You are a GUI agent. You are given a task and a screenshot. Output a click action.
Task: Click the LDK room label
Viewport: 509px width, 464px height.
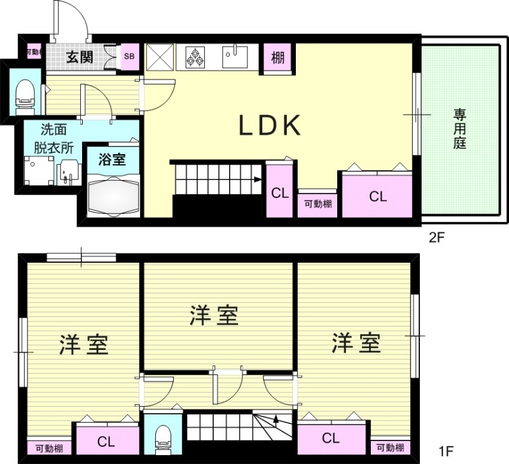click(x=269, y=126)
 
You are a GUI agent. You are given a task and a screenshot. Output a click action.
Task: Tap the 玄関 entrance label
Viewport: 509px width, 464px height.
click(x=81, y=57)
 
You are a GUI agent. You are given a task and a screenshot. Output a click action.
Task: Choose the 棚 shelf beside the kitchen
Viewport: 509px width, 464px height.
click(x=278, y=59)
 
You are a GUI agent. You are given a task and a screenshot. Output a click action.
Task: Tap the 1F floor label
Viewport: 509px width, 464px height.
click(x=446, y=453)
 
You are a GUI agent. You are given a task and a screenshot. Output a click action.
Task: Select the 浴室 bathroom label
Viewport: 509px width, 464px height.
click(x=112, y=159)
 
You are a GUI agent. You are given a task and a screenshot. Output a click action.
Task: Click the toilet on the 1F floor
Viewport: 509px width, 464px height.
click(x=162, y=436)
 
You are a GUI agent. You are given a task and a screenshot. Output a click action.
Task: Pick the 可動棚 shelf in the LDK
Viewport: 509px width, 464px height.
click(x=317, y=204)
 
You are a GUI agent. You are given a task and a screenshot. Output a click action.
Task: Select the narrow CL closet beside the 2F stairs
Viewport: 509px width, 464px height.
click(x=279, y=193)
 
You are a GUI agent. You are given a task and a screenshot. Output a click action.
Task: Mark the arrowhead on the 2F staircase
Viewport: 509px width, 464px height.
click(x=258, y=179)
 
